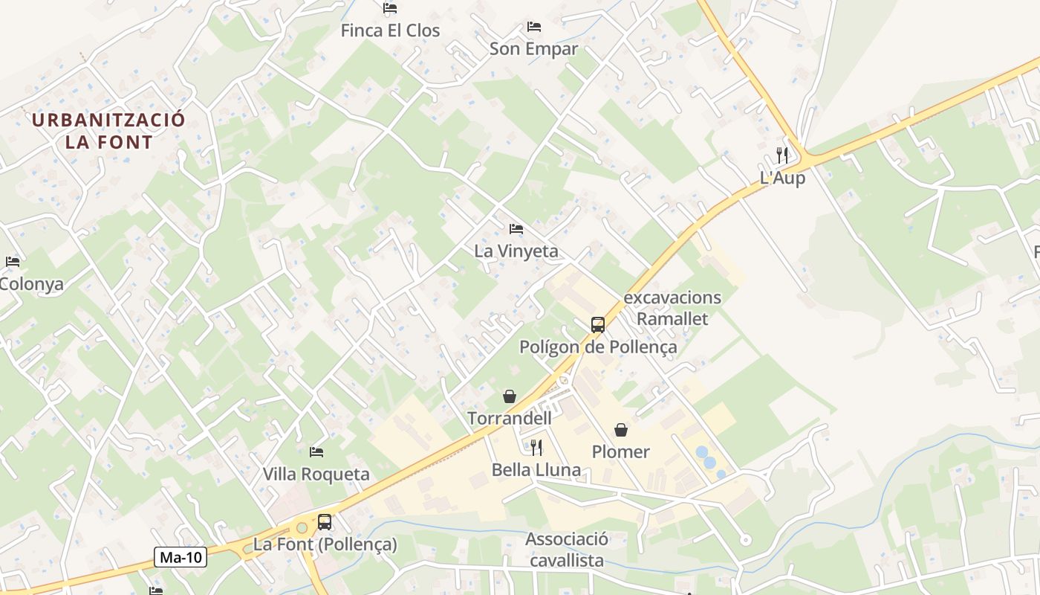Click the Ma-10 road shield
pyautogui.click(x=181, y=557)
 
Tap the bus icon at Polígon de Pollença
pyautogui.click(x=598, y=325)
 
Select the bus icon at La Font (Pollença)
pyautogui.click(x=325, y=522)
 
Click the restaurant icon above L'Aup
pyautogui.click(x=782, y=155)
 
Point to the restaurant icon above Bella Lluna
pyautogui.click(x=536, y=447)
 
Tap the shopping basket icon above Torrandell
pyautogui.click(x=510, y=396)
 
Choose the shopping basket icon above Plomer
pyautogui.click(x=621, y=430)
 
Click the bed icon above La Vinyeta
pyautogui.click(x=516, y=229)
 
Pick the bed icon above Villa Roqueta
pyautogui.click(x=316, y=452)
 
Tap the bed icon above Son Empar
pyautogui.click(x=534, y=27)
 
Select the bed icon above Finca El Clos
pyautogui.click(x=390, y=9)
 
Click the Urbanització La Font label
pyautogui.click(x=108, y=131)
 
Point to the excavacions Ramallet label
pyautogui.click(x=672, y=308)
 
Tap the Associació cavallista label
pyautogui.click(x=566, y=550)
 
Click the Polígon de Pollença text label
pyautogui.click(x=598, y=347)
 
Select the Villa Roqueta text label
pyautogui.click(x=316, y=475)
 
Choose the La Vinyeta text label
pyautogui.click(x=516, y=251)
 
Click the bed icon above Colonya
pyautogui.click(x=13, y=262)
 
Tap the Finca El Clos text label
pyautogui.click(x=390, y=31)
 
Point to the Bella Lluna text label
pyautogui.click(x=536, y=470)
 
